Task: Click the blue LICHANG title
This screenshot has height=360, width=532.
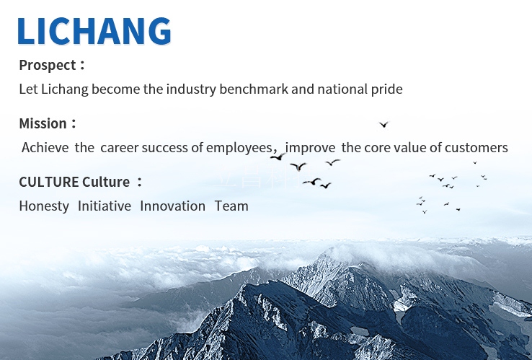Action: pyautogui.click(x=94, y=31)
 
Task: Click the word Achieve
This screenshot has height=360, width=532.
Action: pyautogui.click(x=45, y=148)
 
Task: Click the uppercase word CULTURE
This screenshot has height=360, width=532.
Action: pyautogui.click(x=49, y=182)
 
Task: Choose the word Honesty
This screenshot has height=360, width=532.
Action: pyautogui.click(x=44, y=206)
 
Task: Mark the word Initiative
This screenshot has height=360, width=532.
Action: pyautogui.click(x=105, y=206)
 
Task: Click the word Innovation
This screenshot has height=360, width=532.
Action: pyautogui.click(x=173, y=206)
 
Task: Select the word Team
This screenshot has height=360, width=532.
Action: pyautogui.click(x=231, y=206)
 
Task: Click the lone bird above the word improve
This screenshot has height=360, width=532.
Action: pyautogui.click(x=384, y=125)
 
